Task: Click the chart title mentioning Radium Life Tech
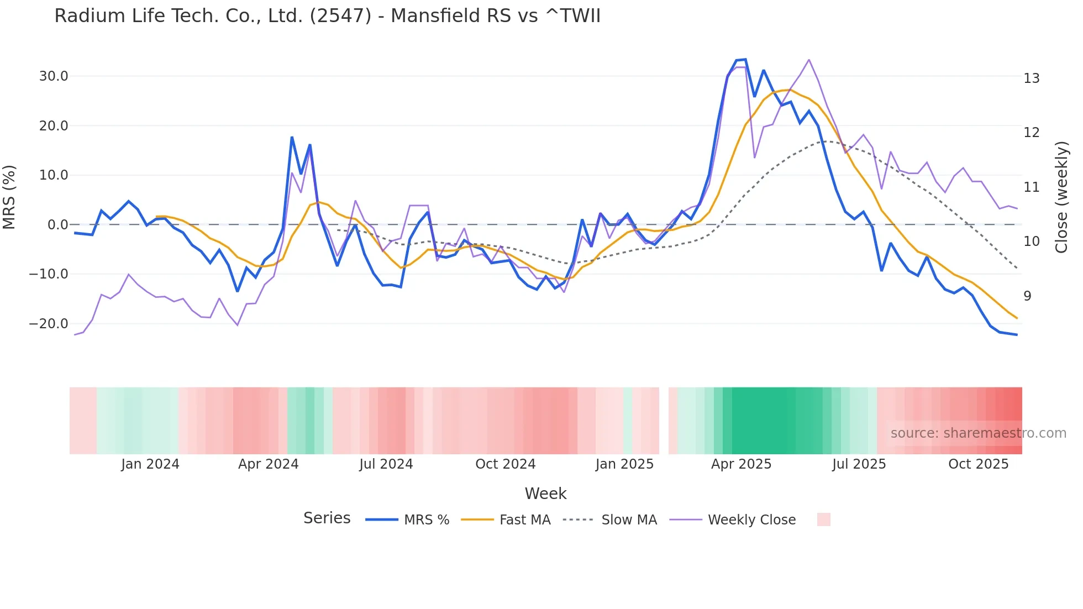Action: (327, 16)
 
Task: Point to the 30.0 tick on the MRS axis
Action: (54, 76)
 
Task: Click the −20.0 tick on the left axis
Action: (49, 324)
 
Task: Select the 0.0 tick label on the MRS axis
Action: (57, 225)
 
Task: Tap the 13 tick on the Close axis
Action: (1031, 78)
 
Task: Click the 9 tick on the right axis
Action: (1027, 296)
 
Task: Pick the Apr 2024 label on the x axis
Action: (268, 464)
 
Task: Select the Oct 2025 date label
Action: (978, 464)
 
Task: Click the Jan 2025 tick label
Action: (624, 464)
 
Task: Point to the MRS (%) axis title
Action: (9, 197)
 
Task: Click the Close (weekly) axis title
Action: (1061, 197)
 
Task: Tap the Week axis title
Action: (545, 494)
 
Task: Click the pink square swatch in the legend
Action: (823, 519)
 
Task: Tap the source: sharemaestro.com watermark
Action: (978, 433)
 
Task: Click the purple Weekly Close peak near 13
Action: (808, 60)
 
